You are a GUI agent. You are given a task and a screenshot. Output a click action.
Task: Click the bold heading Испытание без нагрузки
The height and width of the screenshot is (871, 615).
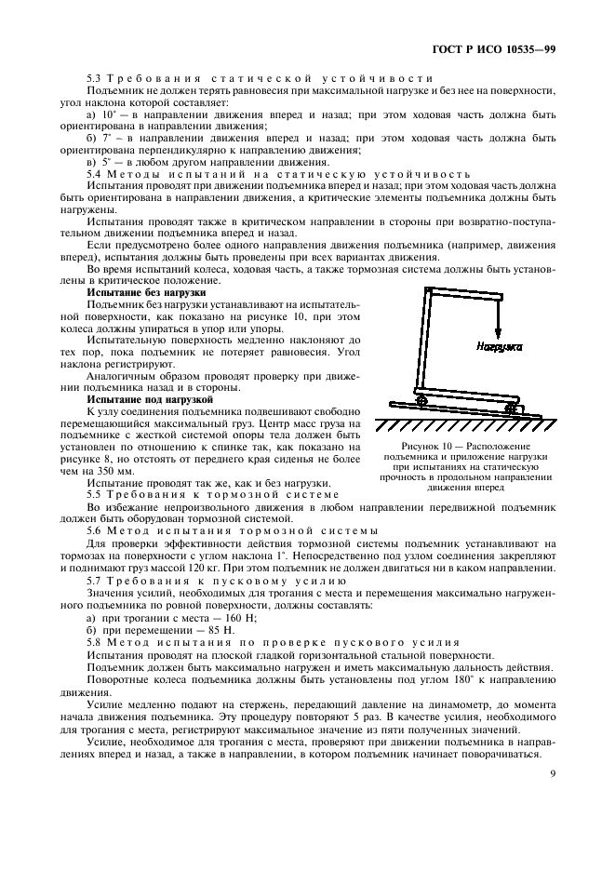(x=133, y=292)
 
